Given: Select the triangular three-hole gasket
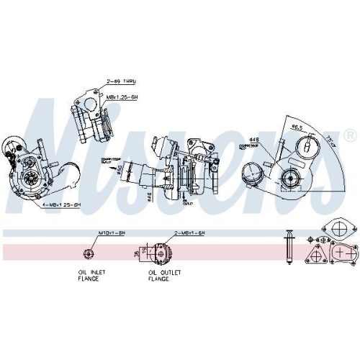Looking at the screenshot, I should point(314,256).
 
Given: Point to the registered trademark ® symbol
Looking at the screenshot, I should point(350,135).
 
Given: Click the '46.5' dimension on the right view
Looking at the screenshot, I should point(296,127).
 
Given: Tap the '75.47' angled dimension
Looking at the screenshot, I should point(330,138).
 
